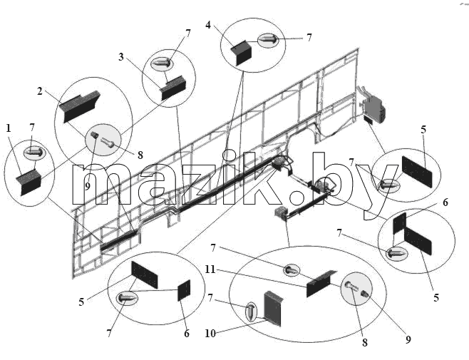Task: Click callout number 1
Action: pyautogui.click(x=9, y=128)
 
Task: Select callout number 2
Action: pyautogui.click(x=40, y=91)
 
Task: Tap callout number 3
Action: pyautogui.click(x=121, y=56)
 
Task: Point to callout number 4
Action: pyautogui.click(x=208, y=25)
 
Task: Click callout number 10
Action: pyautogui.click(x=210, y=333)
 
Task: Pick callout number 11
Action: pyautogui.click(x=210, y=269)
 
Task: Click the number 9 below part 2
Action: pyautogui.click(x=88, y=187)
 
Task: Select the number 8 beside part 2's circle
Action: pyautogui.click(x=140, y=155)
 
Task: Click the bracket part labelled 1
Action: pyautogui.click(x=29, y=182)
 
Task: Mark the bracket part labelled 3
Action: pyautogui.click(x=173, y=88)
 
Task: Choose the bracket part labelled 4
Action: pyautogui.click(x=242, y=53)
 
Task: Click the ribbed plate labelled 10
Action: pyautogui.click(x=273, y=309)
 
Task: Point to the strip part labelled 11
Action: pyautogui.click(x=321, y=283)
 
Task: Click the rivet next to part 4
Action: pyautogui.click(x=268, y=40)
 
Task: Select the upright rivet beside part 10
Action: pyautogui.click(x=251, y=312)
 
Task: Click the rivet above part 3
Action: pyautogui.click(x=162, y=63)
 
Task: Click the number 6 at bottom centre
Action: pyautogui.click(x=187, y=333)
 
